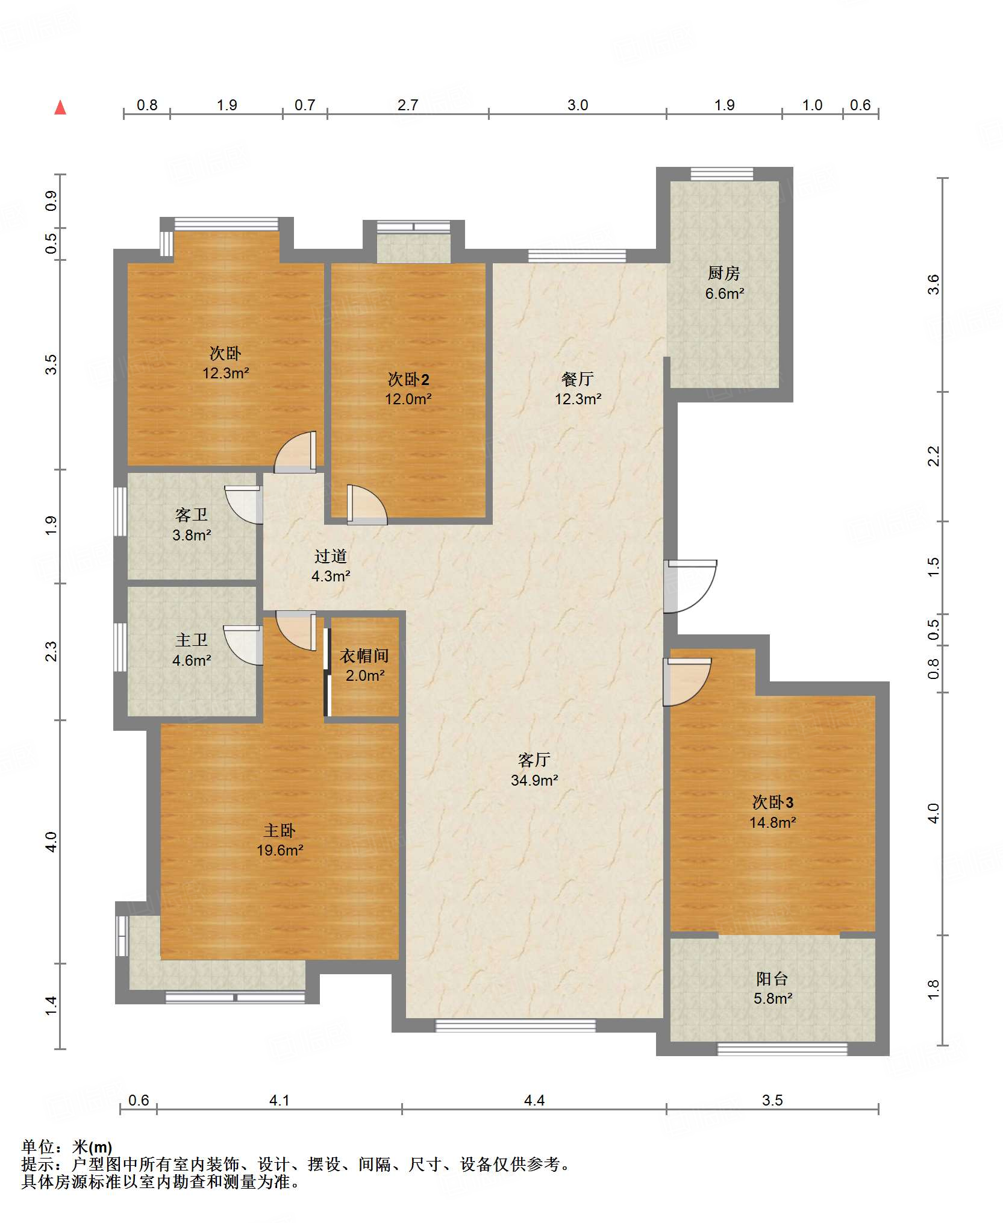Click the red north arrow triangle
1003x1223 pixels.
pyautogui.click(x=60, y=107)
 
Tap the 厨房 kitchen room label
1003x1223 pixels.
pyautogui.click(x=723, y=274)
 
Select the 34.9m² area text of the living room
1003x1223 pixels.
pyautogui.click(x=534, y=780)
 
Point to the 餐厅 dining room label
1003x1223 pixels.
pyautogui.click(x=578, y=379)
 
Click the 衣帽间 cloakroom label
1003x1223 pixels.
pyautogui.click(x=364, y=655)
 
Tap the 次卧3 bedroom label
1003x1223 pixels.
pyautogui.click(x=773, y=802)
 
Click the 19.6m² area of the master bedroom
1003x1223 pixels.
pyautogui.click(x=280, y=850)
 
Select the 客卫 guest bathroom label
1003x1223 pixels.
pyautogui.click(x=192, y=515)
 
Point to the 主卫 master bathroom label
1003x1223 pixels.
pyautogui.click(x=192, y=640)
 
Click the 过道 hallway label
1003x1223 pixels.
pyautogui.click(x=331, y=556)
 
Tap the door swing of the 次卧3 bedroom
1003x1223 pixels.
pyautogui.click(x=687, y=681)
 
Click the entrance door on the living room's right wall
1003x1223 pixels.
pyautogui.click(x=690, y=586)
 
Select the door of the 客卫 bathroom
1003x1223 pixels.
pyautogui.click(x=244, y=505)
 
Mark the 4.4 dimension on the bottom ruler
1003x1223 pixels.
pyautogui.click(x=534, y=1101)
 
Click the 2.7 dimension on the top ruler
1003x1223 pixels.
pyautogui.click(x=408, y=105)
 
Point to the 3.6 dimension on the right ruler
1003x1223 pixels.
pyautogui.click(x=933, y=284)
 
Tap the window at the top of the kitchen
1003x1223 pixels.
pyautogui.click(x=722, y=174)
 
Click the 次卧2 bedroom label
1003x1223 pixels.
pyautogui.click(x=408, y=379)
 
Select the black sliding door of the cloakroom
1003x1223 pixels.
pyautogui.click(x=327, y=672)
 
